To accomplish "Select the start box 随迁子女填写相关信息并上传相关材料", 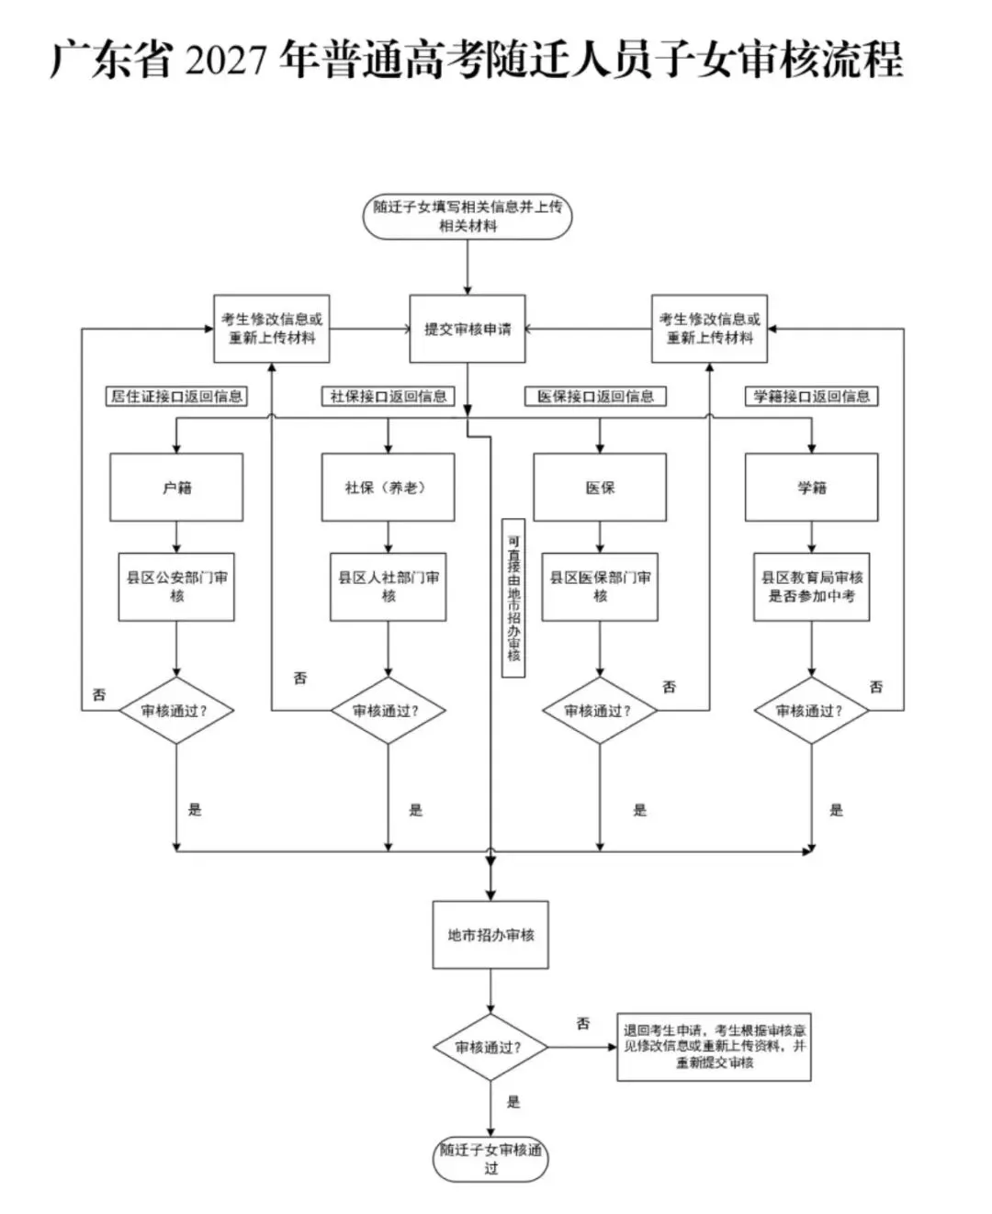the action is [467, 216].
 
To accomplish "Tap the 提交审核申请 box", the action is [467, 329].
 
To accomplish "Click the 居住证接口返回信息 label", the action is [176, 396].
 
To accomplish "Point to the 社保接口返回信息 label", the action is [388, 396].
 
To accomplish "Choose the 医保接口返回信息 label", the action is [595, 396].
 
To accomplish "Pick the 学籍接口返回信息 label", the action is [811, 396].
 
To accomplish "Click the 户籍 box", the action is [176, 487].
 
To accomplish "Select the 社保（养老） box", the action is [388, 487].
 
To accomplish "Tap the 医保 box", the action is [600, 487].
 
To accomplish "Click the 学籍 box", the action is [812, 487].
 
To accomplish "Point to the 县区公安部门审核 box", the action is [176, 587].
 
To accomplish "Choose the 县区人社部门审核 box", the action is [388, 587].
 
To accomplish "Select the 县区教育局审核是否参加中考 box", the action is [812, 587].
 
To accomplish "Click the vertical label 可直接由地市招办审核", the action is [513, 598].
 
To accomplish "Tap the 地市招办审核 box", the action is [490, 935].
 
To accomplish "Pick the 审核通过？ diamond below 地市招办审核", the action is [490, 1047].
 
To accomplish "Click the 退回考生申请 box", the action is [714, 1047].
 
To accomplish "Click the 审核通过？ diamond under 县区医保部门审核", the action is [600, 711].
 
